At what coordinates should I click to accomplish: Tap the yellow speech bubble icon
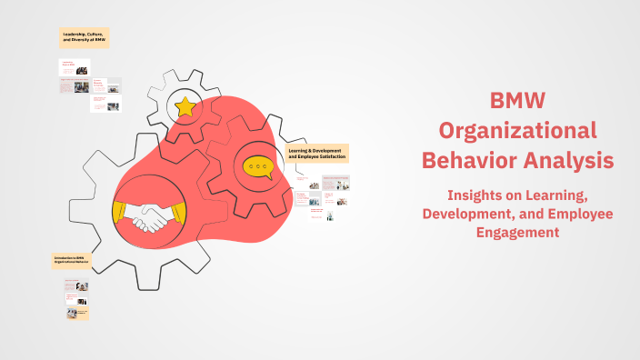click(x=258, y=167)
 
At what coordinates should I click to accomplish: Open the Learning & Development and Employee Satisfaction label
click(x=317, y=153)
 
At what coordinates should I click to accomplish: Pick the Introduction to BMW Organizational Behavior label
click(x=72, y=261)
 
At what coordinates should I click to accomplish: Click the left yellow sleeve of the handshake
click(x=120, y=210)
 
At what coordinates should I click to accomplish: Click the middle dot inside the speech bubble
click(x=258, y=166)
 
